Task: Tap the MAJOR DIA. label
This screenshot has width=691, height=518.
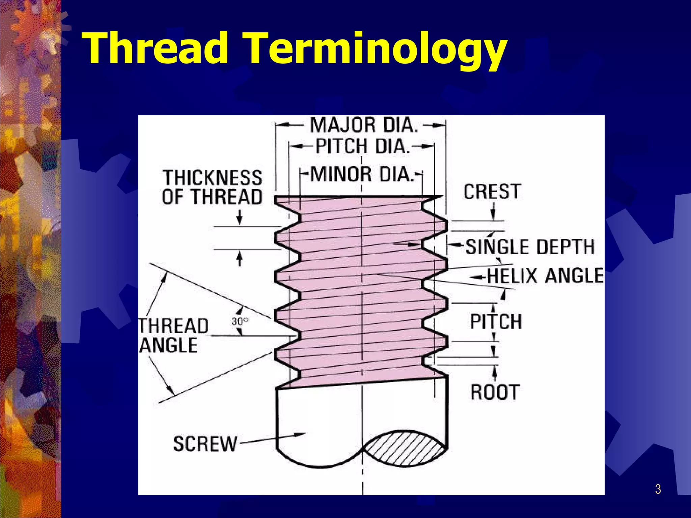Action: point(364,125)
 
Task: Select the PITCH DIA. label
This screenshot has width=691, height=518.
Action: point(362,146)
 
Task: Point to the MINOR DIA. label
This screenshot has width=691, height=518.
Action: point(362,174)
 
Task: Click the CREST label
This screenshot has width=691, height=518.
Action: point(492,192)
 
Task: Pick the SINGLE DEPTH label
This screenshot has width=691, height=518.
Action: point(530,247)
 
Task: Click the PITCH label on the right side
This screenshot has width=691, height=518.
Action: point(495,321)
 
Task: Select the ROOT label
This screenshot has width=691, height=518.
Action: point(495,392)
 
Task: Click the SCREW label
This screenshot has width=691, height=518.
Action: point(205,444)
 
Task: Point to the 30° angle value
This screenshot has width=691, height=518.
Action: point(240,321)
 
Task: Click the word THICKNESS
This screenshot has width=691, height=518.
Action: point(213,178)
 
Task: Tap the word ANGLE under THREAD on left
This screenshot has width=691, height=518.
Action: point(169,345)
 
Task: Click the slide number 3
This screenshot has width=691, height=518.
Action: point(658,489)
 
